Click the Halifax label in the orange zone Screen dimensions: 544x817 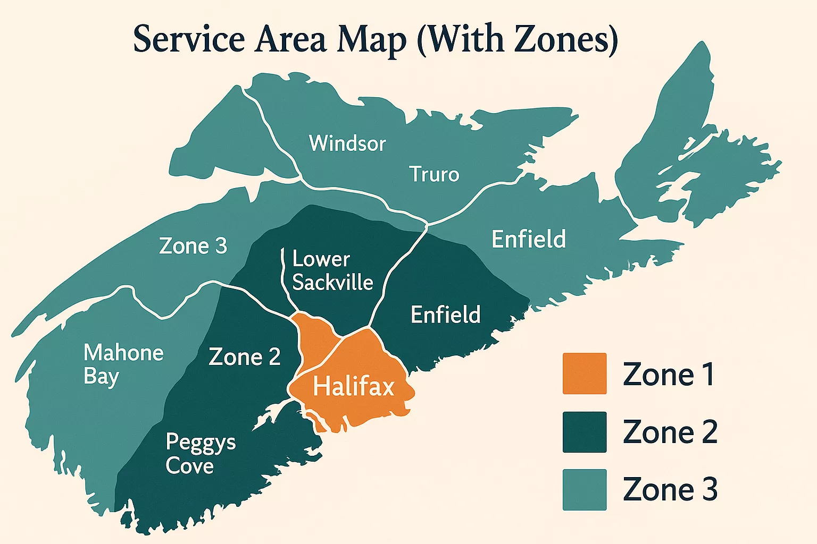353,386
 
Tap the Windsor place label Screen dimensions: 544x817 347,143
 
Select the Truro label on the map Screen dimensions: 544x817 434,174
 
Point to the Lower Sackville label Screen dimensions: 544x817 332,271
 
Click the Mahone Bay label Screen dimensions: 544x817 123,364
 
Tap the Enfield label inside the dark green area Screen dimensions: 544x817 446,315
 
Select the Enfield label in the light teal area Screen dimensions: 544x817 529,240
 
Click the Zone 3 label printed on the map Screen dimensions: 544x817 193,246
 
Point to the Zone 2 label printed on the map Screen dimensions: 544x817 245,357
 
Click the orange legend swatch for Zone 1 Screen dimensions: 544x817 585,373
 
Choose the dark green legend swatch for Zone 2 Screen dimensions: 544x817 585,432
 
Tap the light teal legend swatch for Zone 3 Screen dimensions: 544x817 585,489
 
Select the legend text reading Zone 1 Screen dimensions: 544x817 669,375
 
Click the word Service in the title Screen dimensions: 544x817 189,39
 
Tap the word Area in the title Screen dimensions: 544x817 290,39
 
